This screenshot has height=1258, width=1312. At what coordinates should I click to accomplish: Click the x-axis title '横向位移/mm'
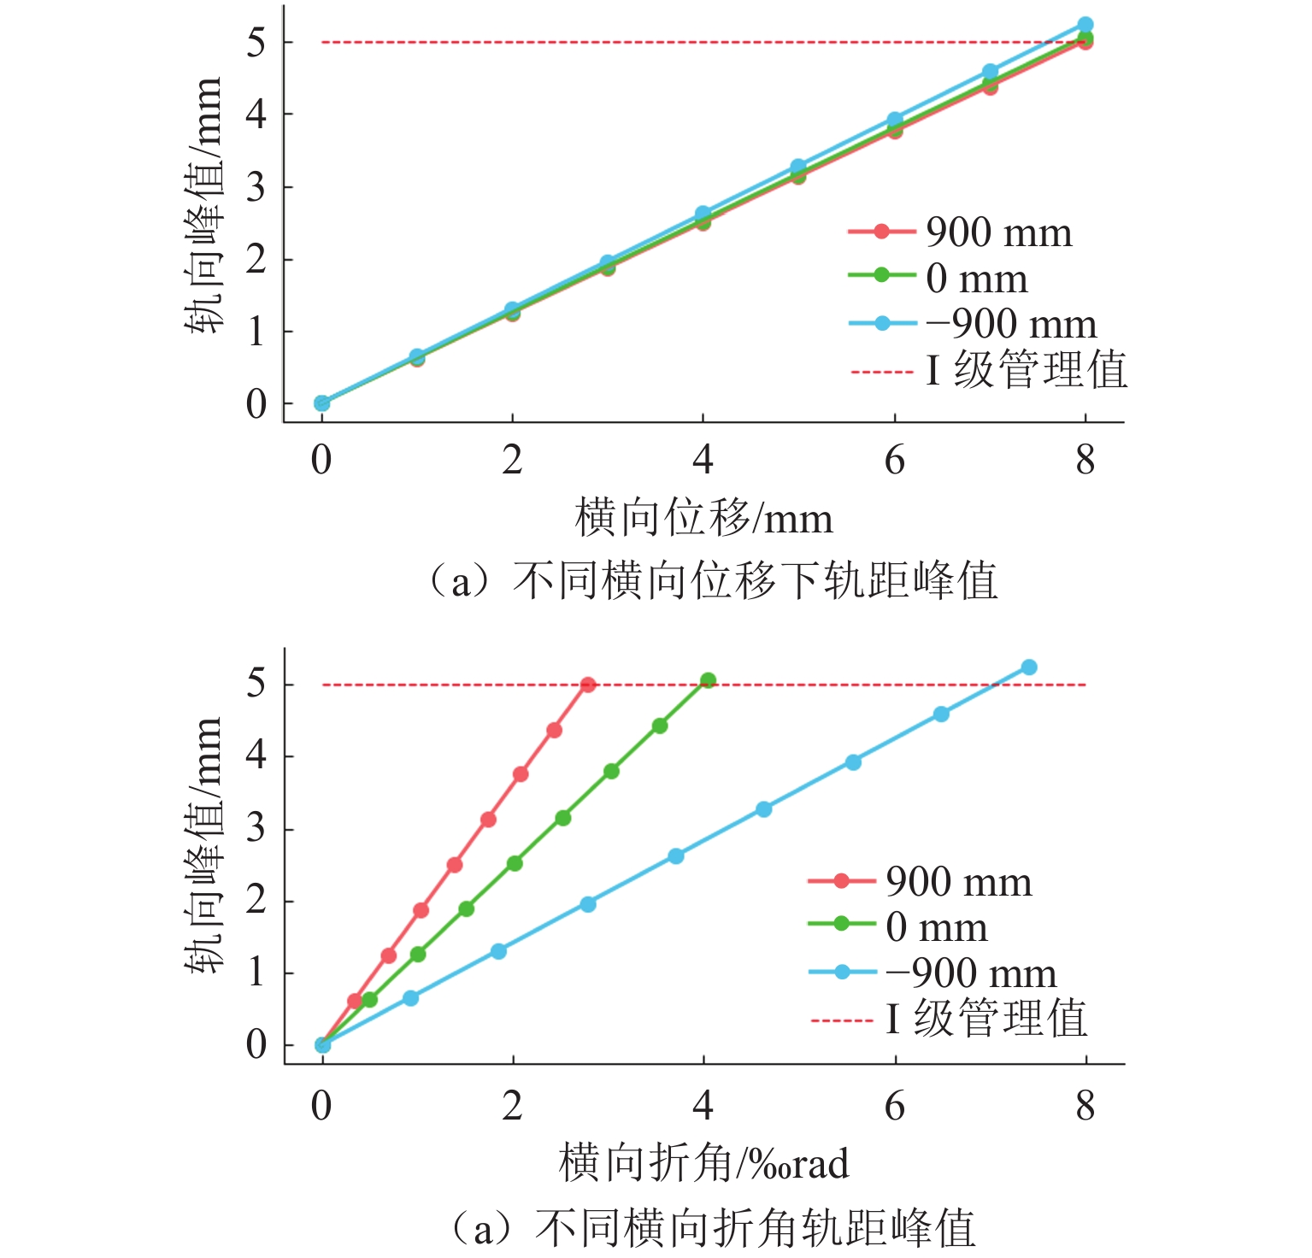pos(703,519)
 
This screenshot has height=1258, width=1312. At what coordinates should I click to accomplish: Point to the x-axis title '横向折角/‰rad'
pos(703,1164)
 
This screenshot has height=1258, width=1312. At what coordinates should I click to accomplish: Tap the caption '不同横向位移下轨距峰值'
pos(755,581)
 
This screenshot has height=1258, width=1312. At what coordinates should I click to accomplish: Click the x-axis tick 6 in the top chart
pos(894,461)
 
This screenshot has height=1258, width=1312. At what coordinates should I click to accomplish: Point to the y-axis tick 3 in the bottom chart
pos(256,829)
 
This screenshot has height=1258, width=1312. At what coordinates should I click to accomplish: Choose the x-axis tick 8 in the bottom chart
pos(1085,1106)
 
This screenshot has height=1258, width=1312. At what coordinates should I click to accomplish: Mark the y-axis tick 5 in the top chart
pos(256,42)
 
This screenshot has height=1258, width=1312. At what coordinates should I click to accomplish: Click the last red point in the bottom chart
pos(588,685)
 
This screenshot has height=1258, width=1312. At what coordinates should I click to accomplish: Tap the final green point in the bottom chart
pos(708,680)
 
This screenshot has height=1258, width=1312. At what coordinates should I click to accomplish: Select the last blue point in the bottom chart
pos(1029,667)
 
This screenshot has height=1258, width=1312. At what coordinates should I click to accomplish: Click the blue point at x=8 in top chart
pos(1085,25)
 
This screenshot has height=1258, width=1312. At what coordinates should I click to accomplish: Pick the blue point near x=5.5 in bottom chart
pos(853,762)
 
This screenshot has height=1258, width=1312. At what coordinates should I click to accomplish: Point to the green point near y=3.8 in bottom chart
pos(611,771)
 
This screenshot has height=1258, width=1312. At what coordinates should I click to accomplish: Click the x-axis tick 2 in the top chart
pos(512,461)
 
